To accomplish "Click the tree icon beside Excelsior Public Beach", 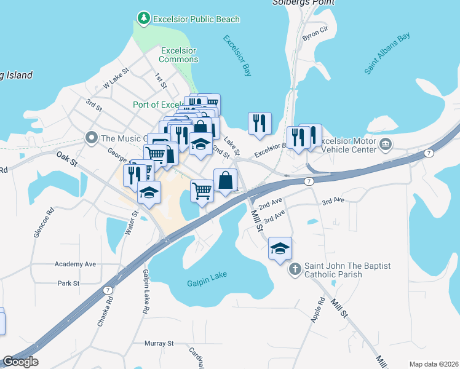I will click(143, 19).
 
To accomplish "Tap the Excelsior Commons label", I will click(178, 55).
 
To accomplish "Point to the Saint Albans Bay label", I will click(387, 54).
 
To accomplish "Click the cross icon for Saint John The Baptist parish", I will click(295, 270).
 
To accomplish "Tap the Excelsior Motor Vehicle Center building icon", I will click(386, 145).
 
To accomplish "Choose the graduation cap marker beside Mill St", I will click(280, 249).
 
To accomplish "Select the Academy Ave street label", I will click(75, 264).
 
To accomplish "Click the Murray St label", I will click(159, 343).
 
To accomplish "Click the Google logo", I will click(20, 362).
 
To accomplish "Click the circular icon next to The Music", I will click(92, 137).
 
